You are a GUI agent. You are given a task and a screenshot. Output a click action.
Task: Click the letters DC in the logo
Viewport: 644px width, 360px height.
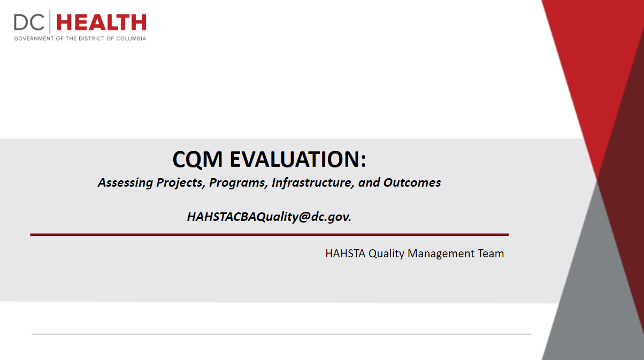pos(29,22)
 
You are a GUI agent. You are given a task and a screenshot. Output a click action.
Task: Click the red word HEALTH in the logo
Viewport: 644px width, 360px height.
pos(102,22)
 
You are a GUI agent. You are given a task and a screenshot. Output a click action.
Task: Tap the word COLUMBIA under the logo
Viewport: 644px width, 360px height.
pos(131,39)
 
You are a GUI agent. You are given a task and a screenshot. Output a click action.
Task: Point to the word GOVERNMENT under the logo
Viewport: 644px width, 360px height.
pos(34,39)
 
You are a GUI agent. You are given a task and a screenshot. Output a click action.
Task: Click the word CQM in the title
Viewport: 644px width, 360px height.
pos(197,159)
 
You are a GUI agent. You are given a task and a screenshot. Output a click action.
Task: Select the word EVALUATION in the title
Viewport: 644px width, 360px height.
pos(298,159)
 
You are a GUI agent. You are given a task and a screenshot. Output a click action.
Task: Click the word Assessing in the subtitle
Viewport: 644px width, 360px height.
pos(125,183)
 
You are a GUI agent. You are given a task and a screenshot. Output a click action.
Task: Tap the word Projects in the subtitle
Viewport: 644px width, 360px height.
pos(181,183)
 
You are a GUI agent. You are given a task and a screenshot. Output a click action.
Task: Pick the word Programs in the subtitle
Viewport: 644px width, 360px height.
pos(239,183)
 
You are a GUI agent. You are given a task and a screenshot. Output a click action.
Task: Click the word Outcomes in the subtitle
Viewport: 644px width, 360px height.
pos(412,182)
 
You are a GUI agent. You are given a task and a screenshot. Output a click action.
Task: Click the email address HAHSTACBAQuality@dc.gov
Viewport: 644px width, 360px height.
pos(269,217)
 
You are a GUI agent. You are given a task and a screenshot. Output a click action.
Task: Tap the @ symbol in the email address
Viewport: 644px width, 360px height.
pos(304,217)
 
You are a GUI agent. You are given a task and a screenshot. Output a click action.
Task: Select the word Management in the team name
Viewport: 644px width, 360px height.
pos(441,254)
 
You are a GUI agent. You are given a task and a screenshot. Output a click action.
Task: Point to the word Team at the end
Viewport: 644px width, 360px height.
pos(491,254)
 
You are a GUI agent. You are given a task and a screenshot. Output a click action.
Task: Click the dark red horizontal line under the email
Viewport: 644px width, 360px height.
pos(270,235)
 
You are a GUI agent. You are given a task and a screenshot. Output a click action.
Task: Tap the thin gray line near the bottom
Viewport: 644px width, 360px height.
pos(282,334)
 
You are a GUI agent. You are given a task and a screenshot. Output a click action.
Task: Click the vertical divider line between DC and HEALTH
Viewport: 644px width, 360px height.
pos(50,22)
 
